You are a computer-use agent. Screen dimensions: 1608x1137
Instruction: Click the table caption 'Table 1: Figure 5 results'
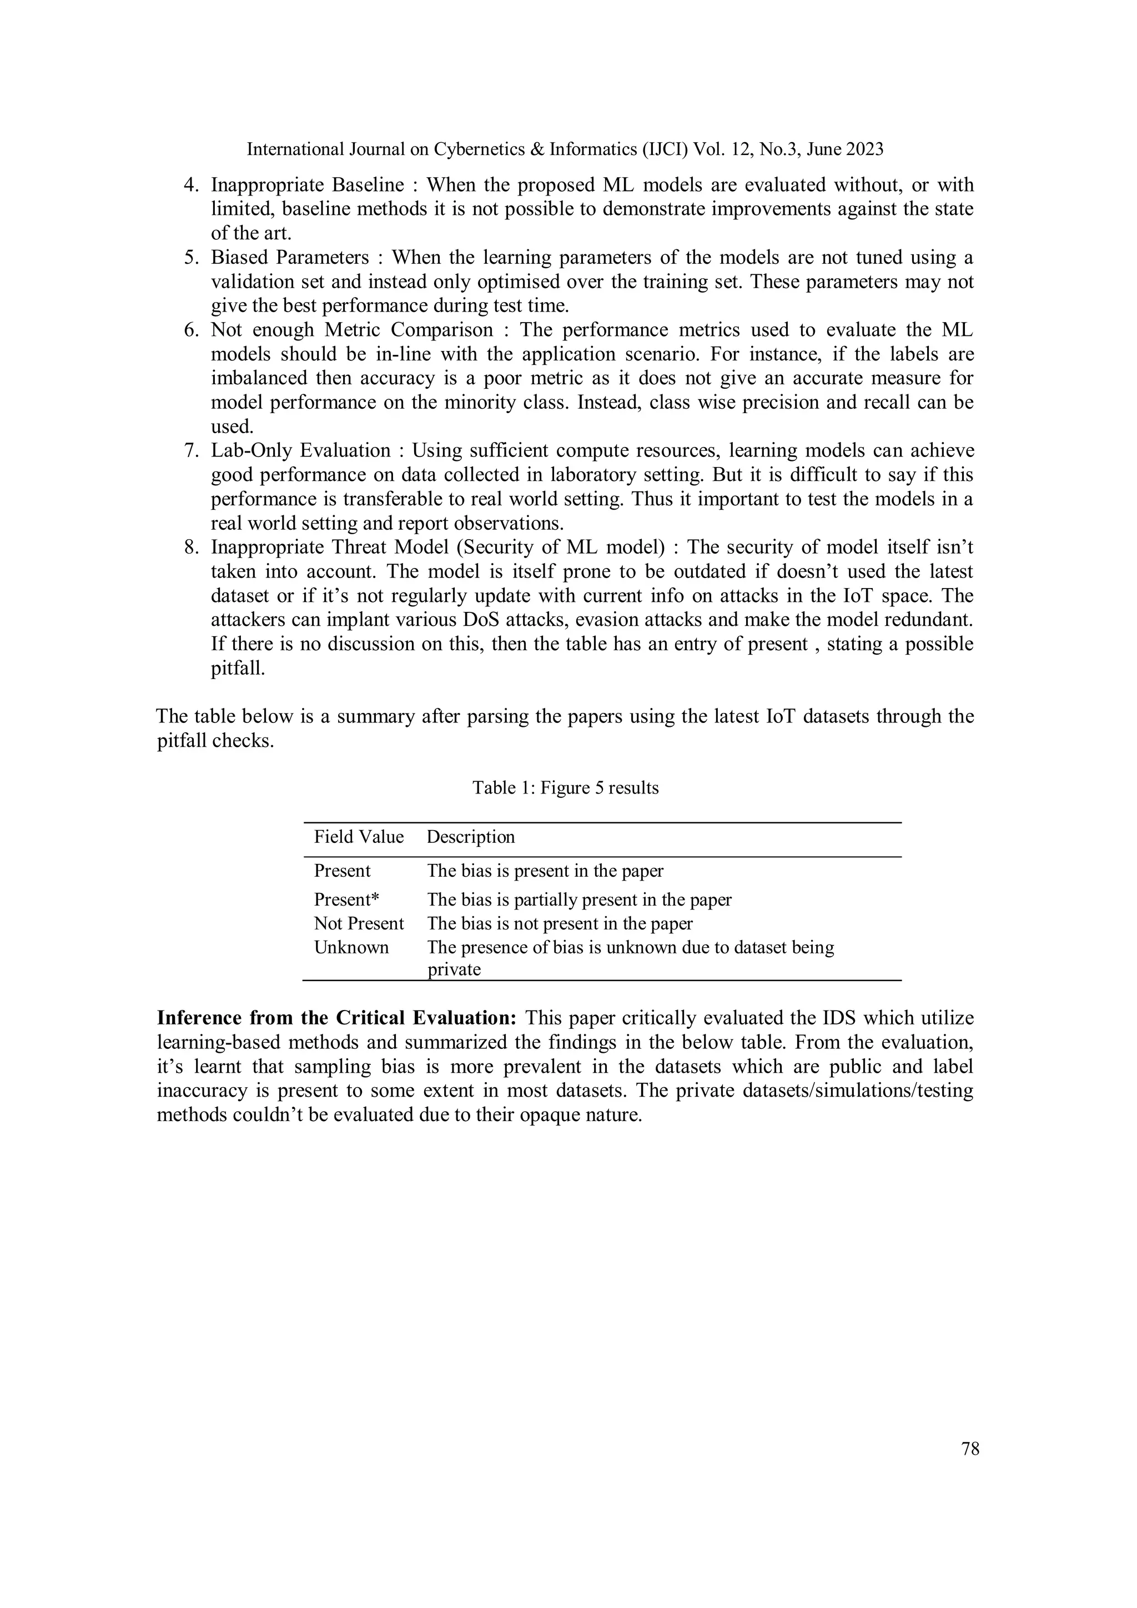[565, 788]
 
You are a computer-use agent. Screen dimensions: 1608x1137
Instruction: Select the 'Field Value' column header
[359, 837]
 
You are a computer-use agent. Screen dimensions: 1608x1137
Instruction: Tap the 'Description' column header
[470, 837]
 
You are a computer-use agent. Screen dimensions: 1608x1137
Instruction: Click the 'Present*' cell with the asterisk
[346, 900]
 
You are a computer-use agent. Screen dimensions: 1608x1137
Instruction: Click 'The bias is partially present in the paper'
[579, 900]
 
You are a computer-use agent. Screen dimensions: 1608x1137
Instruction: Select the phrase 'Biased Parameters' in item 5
[290, 258]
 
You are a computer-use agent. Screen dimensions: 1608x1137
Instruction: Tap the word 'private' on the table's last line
[454, 969]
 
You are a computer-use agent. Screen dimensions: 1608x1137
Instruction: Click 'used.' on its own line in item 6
[232, 426]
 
